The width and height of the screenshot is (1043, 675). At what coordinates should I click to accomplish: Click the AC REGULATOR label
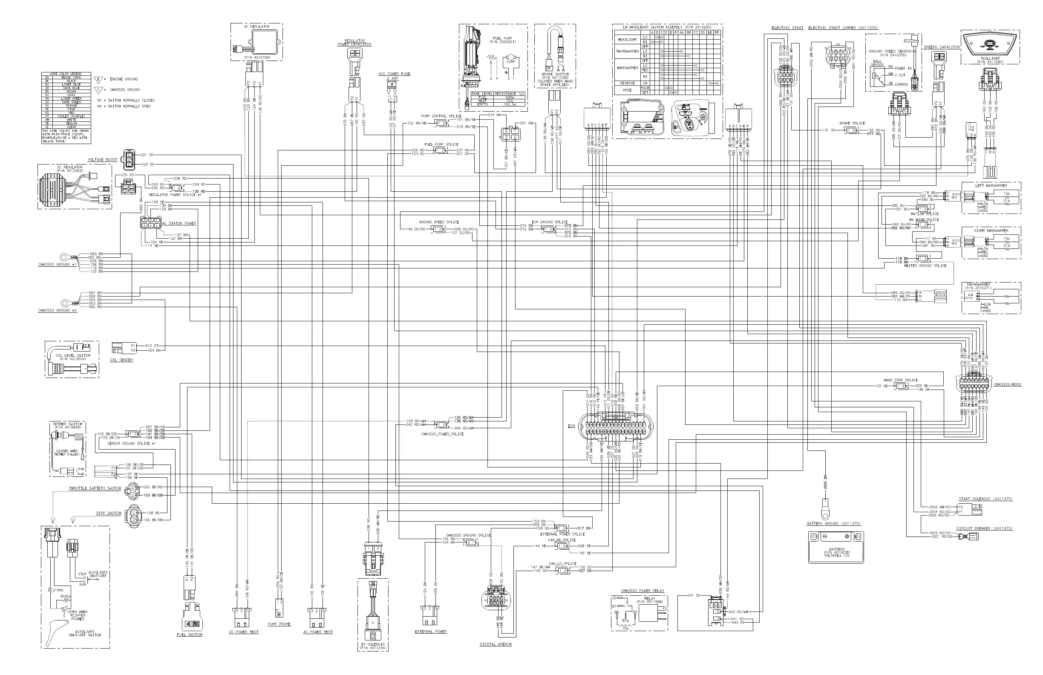[x=257, y=27]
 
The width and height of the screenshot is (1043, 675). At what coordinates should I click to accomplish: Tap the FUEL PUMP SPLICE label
[x=441, y=144]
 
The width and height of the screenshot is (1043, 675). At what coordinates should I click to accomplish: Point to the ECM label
[x=571, y=426]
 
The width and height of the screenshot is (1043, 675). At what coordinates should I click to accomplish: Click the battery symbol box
[x=836, y=547]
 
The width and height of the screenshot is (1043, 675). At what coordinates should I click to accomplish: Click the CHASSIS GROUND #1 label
[x=57, y=265]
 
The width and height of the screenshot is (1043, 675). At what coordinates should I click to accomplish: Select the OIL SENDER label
[x=121, y=360]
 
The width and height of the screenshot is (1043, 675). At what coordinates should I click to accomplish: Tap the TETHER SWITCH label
[x=67, y=424]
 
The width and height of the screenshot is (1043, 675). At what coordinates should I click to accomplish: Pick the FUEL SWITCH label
[x=189, y=634]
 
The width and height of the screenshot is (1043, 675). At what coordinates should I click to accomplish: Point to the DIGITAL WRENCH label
[x=495, y=644]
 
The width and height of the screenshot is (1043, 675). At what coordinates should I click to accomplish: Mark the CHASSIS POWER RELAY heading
[x=642, y=590]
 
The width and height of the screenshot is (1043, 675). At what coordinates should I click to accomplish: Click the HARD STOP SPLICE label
[x=900, y=380]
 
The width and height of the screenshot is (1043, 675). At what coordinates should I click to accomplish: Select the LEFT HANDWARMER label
[x=991, y=185]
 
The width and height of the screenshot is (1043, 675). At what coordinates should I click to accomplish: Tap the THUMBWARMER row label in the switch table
[x=628, y=51]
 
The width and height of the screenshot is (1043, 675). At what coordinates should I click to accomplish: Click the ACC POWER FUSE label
[x=394, y=74]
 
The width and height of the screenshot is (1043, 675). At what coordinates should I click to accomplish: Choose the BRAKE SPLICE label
[x=852, y=123]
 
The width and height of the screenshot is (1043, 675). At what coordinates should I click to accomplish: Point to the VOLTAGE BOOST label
[x=102, y=159]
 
